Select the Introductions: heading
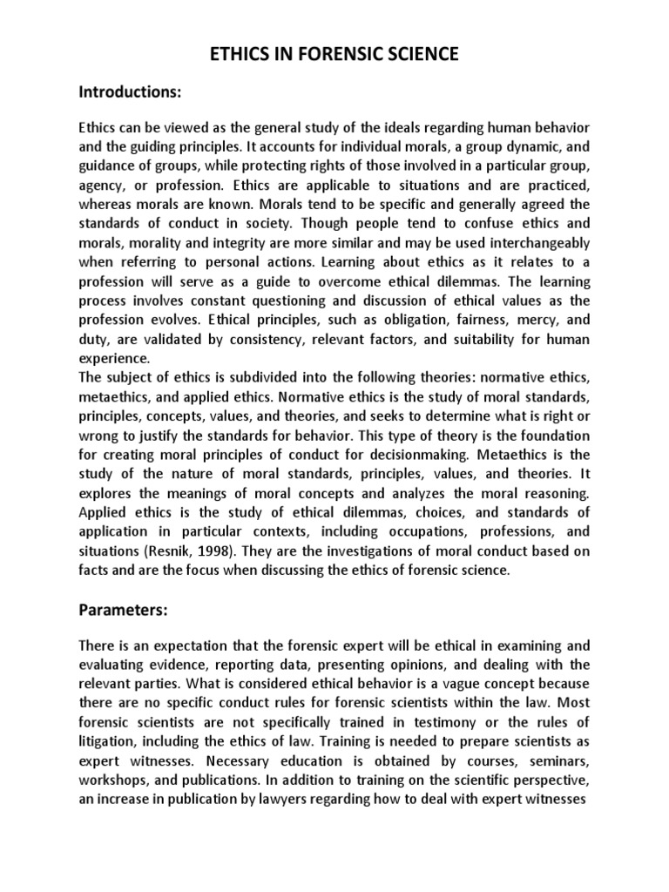click(x=131, y=91)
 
